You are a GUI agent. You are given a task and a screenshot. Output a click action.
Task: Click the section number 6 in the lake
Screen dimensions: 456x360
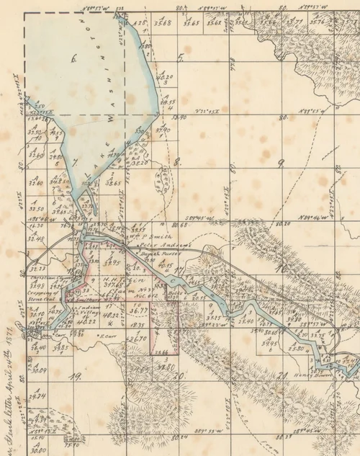[x=73, y=60]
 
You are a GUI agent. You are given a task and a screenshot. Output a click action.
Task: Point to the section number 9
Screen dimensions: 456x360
[x=281, y=164]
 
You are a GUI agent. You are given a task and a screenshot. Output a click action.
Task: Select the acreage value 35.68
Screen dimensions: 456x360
[x=163, y=22]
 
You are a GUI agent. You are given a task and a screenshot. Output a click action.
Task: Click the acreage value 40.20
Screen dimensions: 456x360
[x=165, y=76]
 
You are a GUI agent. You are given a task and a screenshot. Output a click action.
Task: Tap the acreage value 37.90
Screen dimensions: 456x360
[x=163, y=130]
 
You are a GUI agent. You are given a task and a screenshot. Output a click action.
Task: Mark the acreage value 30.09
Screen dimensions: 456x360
[x=37, y=370]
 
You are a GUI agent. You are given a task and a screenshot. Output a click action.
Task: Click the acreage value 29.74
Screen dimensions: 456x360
[x=37, y=395]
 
